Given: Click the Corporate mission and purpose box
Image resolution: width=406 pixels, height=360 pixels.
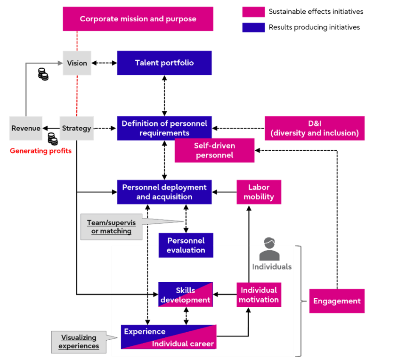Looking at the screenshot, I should coord(138,19).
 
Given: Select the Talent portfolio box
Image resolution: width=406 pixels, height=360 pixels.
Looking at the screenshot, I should coord(164,63).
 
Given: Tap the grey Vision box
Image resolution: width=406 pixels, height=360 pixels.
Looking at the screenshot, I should coord(77,63).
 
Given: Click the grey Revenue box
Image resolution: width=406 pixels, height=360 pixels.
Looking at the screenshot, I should coord(26,128).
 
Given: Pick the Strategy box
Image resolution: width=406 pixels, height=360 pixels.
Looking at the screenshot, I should coord(76,128).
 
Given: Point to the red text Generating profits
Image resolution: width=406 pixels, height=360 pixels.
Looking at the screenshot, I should coord(41,151).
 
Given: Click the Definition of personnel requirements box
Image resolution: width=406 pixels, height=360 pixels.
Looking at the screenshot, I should coord(164,128).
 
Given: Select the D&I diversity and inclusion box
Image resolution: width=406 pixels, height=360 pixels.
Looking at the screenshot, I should coord(315,128).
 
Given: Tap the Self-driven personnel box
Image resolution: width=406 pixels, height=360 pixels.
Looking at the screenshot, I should coord(214,150).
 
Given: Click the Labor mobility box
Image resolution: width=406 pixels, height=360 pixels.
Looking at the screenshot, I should coord(259,192).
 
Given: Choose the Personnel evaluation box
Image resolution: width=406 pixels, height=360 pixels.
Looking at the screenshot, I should coord(186,245).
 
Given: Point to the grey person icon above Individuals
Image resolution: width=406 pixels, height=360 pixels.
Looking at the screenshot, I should coord(269,248).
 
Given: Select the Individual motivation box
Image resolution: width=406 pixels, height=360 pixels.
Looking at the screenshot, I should coord(259,295).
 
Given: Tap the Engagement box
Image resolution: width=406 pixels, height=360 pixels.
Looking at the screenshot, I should coord(337,301).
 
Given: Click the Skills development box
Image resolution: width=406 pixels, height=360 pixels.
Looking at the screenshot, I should coord(186,295).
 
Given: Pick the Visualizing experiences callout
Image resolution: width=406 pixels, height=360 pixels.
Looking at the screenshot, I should coord(79,342).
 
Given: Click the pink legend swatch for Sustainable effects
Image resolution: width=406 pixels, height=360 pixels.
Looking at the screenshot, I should coord(253,11).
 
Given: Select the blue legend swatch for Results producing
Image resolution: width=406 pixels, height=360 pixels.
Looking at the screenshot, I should coord(253,27).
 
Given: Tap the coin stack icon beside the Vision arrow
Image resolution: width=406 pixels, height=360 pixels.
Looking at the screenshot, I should coord(43,74).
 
